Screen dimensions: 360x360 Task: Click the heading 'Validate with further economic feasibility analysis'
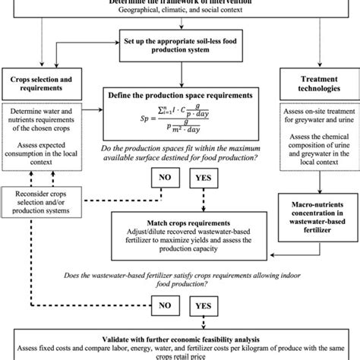(179, 333)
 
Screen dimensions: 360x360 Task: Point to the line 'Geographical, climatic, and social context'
(180, 11)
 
